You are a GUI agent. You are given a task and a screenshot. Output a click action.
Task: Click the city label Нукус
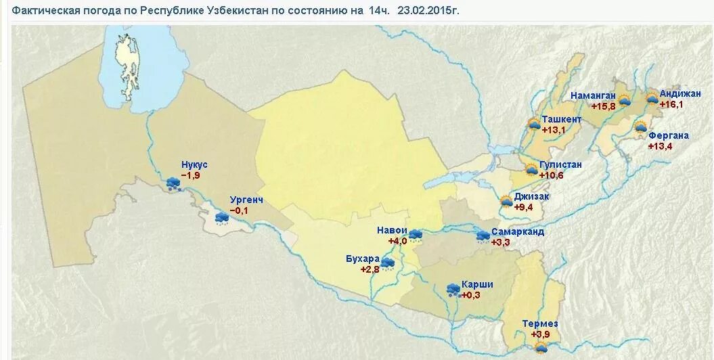click(x=194, y=165)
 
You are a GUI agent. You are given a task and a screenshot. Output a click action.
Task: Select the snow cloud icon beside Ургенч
click(x=221, y=218)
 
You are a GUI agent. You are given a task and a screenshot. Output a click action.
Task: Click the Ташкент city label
click(x=561, y=119)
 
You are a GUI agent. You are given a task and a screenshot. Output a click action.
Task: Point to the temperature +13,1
click(x=552, y=130)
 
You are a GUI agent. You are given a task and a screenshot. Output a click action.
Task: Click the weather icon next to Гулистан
click(x=531, y=169)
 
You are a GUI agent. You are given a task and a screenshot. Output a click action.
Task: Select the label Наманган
click(x=593, y=95)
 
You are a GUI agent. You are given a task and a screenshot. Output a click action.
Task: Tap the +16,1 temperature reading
click(x=671, y=104)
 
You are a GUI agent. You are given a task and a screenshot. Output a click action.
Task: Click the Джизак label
click(x=531, y=196)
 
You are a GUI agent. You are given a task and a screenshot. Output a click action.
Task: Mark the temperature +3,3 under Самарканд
click(x=500, y=242)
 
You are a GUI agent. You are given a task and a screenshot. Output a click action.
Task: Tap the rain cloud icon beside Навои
click(x=415, y=235)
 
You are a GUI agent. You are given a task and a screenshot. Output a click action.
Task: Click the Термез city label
click(x=540, y=323)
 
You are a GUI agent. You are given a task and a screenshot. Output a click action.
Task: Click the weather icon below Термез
click(x=541, y=348)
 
